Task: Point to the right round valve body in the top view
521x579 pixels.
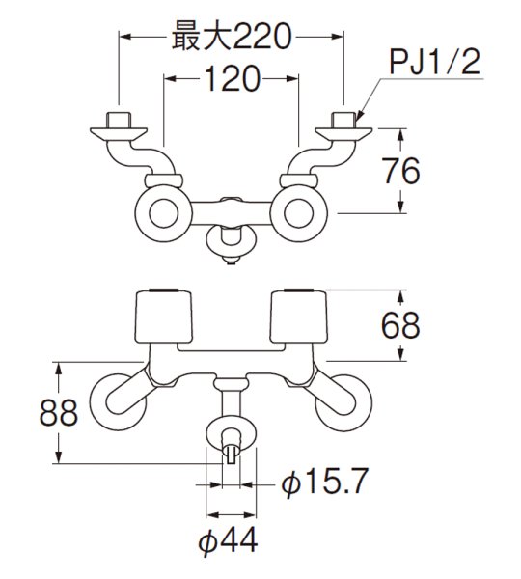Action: pos(299,207)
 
